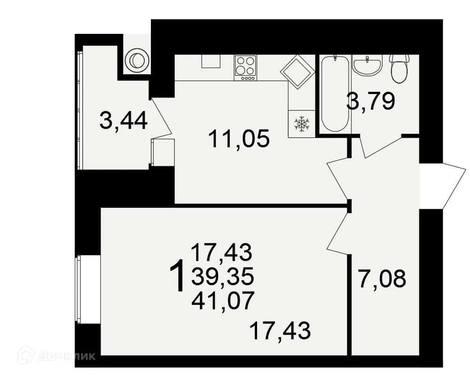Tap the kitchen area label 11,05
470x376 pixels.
pyautogui.click(x=239, y=139)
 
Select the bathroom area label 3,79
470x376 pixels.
pyautogui.click(x=370, y=101)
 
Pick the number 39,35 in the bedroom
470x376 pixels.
pyautogui.click(x=222, y=277)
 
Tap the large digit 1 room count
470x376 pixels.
pyautogui.click(x=177, y=277)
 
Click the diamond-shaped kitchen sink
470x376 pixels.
pyautogui.click(x=297, y=71)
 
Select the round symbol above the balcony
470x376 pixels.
pyautogui.click(x=136, y=60)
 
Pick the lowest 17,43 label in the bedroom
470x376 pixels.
pyautogui.click(x=280, y=331)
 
